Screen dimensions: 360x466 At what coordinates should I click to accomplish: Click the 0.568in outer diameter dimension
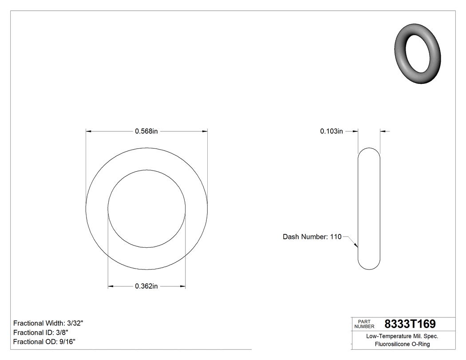coord(146,131)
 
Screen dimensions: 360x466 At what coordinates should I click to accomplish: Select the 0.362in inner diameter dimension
coord(146,286)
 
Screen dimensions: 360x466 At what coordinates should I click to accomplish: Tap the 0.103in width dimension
coord(332,131)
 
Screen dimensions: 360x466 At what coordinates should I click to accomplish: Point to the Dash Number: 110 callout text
coord(312,237)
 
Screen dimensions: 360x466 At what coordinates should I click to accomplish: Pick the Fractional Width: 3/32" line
coord(48,323)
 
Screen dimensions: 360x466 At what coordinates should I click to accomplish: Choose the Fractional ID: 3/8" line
coord(41,332)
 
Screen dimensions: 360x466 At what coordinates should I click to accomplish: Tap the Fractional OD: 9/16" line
coord(44,342)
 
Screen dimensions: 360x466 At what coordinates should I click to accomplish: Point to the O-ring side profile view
coord(369,208)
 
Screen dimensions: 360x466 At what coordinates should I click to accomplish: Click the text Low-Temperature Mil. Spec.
coord(402,336)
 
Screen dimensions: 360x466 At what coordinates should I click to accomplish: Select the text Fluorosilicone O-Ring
coord(402,344)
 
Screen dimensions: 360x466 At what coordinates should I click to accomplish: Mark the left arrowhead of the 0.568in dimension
coord(88,131)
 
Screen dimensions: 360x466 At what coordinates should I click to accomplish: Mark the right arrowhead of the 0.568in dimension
coord(205,131)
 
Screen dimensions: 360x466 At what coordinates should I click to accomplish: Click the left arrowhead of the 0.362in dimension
coord(111,286)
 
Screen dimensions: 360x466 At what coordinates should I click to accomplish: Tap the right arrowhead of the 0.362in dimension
coord(182,286)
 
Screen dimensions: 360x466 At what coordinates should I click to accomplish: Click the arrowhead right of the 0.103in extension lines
coord(383,131)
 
